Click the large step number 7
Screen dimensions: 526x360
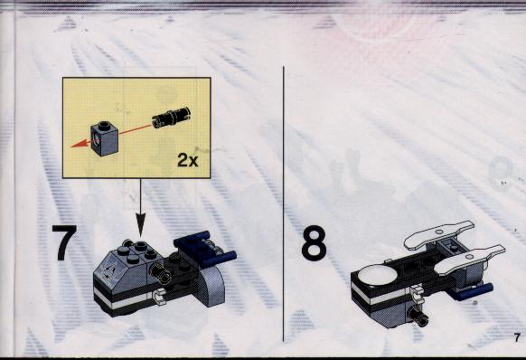tap(65, 242)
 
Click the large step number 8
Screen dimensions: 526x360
tap(314, 242)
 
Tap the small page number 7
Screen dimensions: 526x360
tap(517, 337)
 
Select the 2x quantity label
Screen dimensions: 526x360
tap(187, 160)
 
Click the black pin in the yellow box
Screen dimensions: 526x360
tap(171, 118)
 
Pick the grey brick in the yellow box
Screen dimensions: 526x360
tap(104, 137)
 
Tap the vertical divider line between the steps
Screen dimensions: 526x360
tap(284, 204)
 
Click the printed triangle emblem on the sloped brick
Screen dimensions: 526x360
tap(110, 271)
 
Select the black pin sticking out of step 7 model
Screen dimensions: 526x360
tap(161, 271)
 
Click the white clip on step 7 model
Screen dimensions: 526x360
tap(159, 296)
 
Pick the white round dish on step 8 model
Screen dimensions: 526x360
tap(378, 274)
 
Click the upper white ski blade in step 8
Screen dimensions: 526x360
tap(438, 233)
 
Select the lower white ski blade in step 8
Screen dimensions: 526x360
tap(470, 259)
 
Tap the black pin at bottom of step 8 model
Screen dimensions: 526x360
tap(418, 316)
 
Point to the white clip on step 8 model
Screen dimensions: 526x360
tap(417, 292)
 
